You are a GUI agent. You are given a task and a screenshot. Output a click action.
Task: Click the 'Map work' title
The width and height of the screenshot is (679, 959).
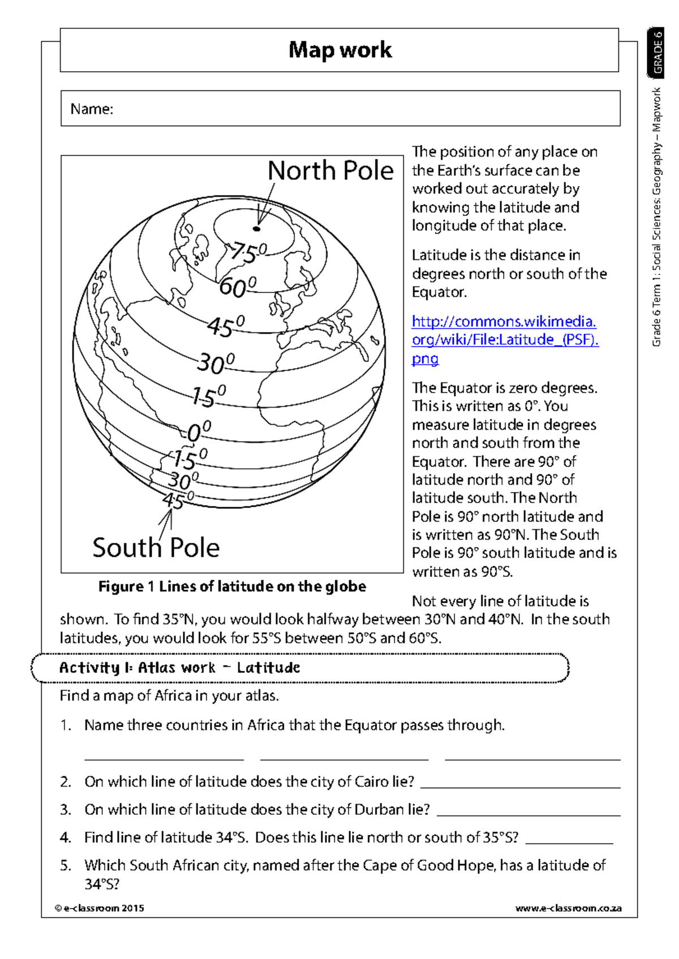point(339,50)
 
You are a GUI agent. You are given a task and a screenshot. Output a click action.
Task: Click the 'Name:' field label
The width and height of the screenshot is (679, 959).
point(92,109)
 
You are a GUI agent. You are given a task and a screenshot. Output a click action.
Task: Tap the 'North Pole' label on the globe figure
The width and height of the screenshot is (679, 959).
point(330,171)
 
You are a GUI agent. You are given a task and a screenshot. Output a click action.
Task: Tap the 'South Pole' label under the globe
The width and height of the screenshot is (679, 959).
point(156,547)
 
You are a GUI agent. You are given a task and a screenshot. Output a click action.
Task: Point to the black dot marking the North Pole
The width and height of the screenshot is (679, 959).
point(256,229)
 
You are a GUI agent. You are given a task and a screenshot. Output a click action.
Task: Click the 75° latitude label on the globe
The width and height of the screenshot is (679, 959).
point(247,253)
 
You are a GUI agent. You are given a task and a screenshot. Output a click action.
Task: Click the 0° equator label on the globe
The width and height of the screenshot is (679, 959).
point(199,432)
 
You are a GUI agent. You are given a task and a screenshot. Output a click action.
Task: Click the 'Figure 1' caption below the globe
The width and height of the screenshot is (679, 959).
point(232,586)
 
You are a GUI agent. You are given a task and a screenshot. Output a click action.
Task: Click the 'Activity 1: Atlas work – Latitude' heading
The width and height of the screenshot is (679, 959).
point(179,668)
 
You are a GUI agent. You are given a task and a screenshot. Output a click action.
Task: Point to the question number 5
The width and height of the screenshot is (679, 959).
point(66,865)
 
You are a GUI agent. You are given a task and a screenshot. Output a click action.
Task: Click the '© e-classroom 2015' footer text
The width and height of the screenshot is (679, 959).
point(100,908)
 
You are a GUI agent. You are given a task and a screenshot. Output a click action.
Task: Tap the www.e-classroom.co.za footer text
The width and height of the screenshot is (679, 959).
point(568,908)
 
